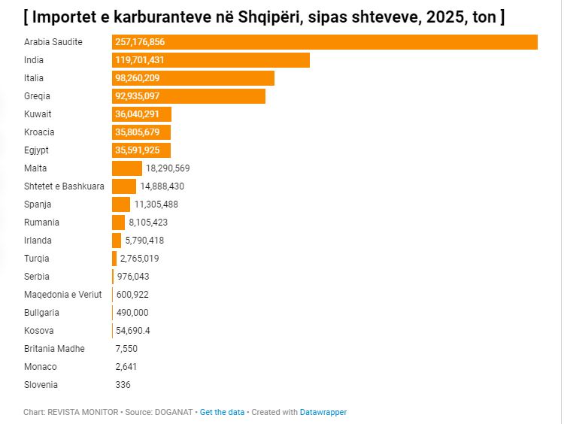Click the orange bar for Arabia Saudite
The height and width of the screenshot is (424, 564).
click(x=324, y=42)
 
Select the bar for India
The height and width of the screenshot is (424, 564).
click(x=211, y=60)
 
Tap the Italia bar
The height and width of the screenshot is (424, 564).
click(x=193, y=78)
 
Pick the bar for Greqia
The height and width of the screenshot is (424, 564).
click(x=189, y=96)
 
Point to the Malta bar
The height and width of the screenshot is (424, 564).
click(x=126, y=168)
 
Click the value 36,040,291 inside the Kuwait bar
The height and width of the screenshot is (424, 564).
click(x=142, y=114)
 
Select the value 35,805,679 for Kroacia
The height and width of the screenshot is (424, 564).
click(x=142, y=132)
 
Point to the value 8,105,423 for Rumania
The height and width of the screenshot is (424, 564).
click(x=148, y=223)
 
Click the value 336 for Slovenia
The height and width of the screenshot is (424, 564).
click(x=123, y=385)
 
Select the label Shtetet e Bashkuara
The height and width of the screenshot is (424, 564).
click(x=64, y=186)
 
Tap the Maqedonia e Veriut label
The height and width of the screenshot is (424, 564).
click(x=62, y=295)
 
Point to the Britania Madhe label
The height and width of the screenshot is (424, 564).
click(x=54, y=349)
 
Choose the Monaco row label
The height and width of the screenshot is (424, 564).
click(x=41, y=367)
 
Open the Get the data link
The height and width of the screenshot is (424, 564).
click(x=222, y=412)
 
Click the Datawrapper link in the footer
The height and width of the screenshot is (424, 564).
click(x=323, y=412)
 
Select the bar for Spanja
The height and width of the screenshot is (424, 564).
click(x=121, y=204)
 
